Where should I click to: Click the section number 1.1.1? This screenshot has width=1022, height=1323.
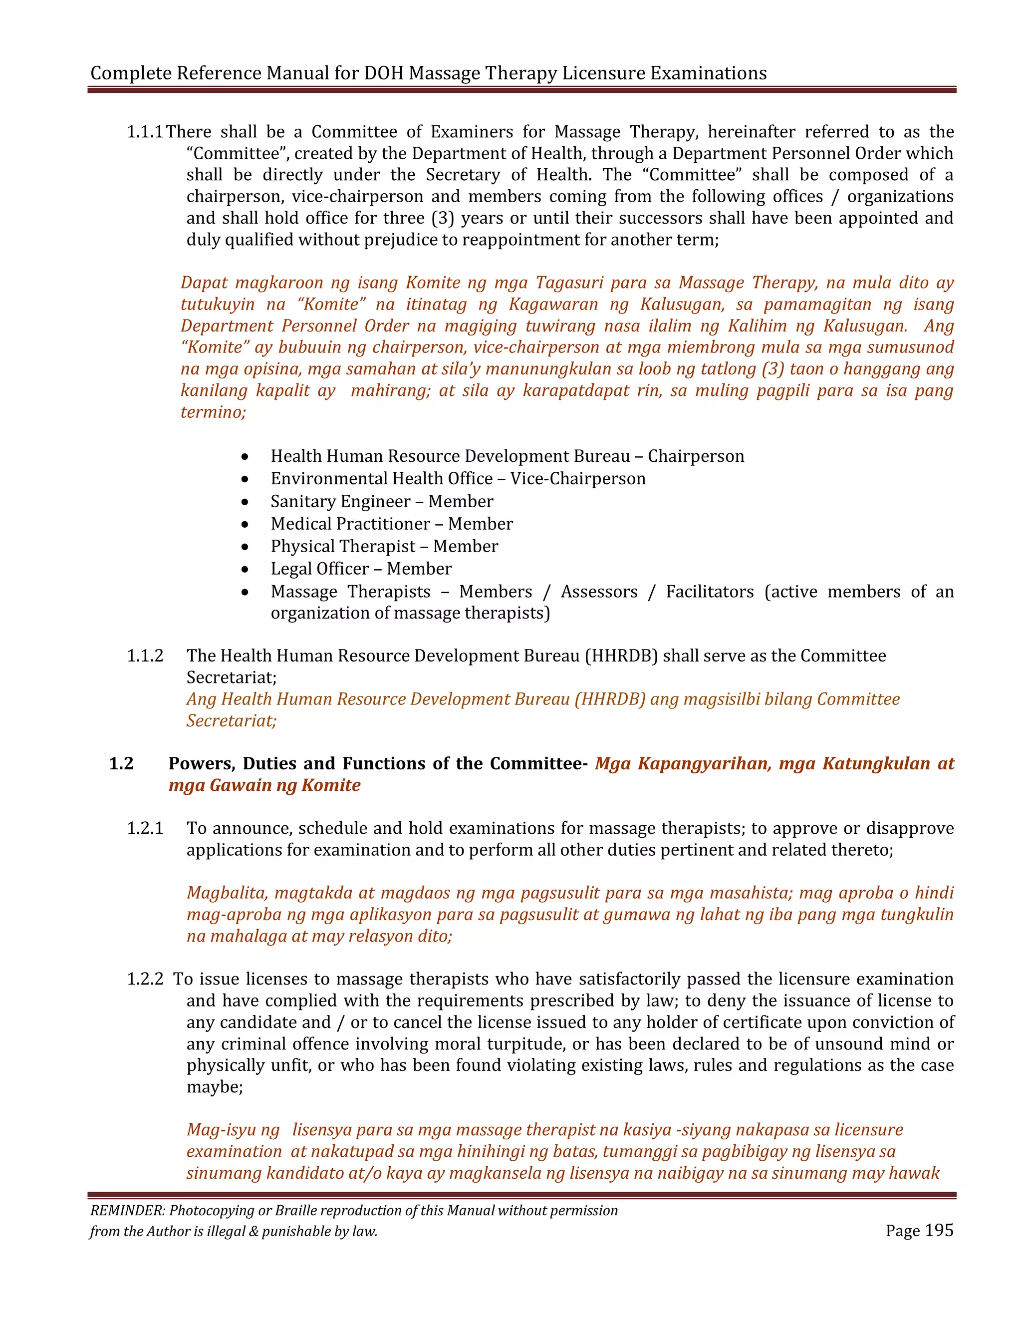pos(145,132)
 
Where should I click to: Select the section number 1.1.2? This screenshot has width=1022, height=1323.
pos(145,656)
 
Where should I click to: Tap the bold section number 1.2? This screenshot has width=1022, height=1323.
pos(121,763)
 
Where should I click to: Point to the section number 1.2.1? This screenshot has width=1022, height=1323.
pos(145,828)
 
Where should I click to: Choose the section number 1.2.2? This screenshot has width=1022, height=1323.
pos(145,979)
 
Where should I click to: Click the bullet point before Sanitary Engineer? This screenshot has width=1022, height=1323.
pos(245,502)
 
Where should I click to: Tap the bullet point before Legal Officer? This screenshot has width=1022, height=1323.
pos(245,570)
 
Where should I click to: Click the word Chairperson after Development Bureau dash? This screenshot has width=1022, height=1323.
pos(696,456)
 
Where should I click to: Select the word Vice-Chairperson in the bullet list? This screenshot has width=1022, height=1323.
pos(577,479)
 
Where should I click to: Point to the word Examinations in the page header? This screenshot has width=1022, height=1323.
pos(709,73)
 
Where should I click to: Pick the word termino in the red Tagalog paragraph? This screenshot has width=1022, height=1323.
pos(212,412)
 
